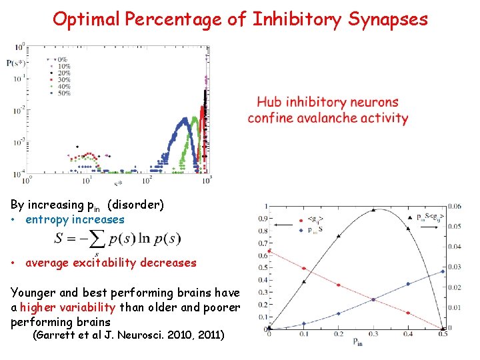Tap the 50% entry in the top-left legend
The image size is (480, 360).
64,93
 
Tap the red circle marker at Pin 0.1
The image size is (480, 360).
304,269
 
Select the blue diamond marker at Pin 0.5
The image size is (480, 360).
442,271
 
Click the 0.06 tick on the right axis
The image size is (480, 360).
455,206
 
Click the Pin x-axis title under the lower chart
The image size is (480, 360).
358,343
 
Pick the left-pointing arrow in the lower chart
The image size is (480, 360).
283,225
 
